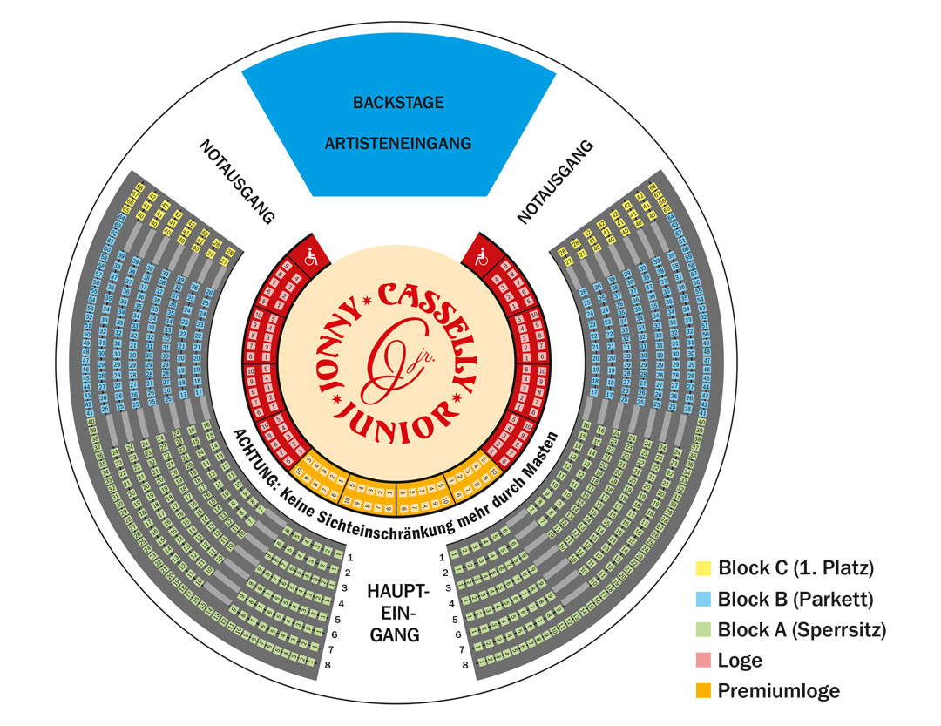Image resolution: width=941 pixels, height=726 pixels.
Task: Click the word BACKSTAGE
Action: (x=398, y=103)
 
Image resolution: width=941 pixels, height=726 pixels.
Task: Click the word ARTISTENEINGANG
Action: (x=398, y=142)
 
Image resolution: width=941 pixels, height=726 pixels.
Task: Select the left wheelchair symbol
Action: (x=310, y=257)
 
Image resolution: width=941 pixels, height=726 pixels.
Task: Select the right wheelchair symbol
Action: (x=477, y=257)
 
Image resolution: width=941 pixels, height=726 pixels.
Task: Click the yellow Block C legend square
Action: (x=703, y=568)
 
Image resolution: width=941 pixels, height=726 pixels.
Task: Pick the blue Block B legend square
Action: (x=703, y=599)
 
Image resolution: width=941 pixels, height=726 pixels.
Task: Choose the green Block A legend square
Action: (x=703, y=629)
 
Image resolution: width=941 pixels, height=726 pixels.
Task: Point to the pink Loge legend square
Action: (x=703, y=660)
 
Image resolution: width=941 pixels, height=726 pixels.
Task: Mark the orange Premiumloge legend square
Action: (x=703, y=691)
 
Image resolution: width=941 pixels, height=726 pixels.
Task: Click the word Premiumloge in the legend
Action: (x=779, y=691)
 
